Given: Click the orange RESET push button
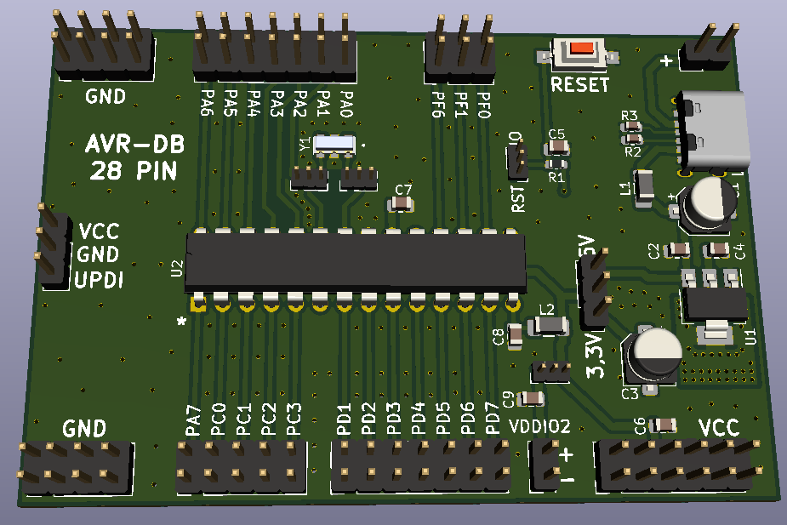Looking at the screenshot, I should pos(583,49).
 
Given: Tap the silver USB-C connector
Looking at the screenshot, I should pos(713,129).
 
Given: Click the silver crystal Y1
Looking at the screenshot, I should pos(334,145).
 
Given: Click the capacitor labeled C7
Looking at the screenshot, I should pos(400,203).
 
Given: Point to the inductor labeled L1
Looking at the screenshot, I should pos(644,188).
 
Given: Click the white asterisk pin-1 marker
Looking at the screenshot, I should pos(181,322).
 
